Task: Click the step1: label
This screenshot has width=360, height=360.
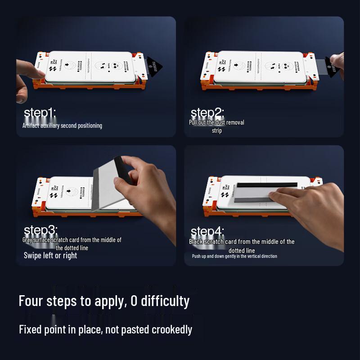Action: coord(40,113)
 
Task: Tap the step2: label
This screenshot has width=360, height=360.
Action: coord(207,113)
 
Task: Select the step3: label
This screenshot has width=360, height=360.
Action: coord(40,230)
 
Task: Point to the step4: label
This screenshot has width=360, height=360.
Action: coord(207,232)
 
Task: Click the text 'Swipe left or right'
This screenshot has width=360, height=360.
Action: coord(50,256)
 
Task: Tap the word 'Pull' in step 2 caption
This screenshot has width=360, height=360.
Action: coord(193,122)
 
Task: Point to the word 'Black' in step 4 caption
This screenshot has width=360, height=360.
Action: coord(197,242)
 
